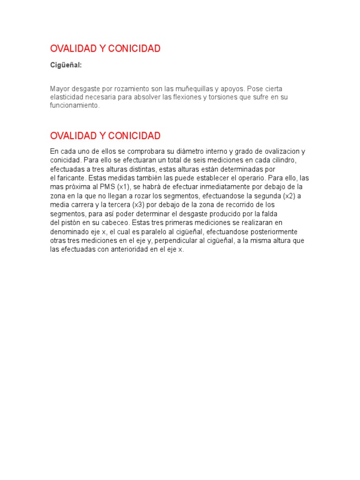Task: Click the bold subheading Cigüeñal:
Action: (x=66, y=65)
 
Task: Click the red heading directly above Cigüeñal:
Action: (x=105, y=49)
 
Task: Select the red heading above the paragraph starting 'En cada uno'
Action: (x=105, y=136)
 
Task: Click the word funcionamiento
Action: (x=75, y=105)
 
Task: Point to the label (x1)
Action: (x=124, y=187)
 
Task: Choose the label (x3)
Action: (x=138, y=205)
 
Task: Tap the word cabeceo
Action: (x=115, y=223)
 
